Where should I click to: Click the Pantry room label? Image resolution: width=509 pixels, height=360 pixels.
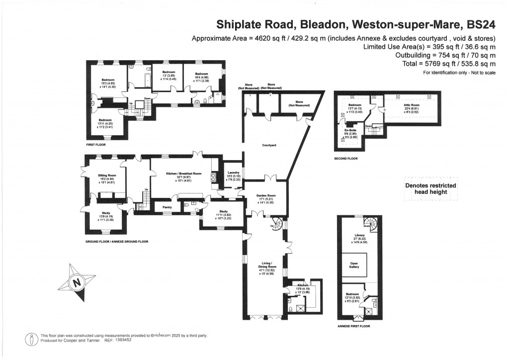161,205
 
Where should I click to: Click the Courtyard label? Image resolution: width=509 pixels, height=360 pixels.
269,145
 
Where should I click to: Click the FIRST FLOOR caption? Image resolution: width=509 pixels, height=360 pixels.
96,145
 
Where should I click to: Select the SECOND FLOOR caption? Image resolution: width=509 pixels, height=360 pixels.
346,159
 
